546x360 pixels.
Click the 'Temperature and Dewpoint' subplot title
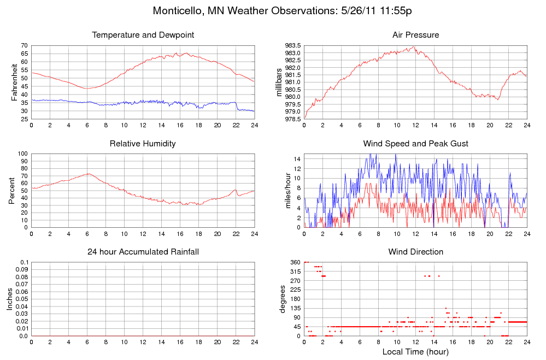143,35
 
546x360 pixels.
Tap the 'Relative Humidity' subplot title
143,144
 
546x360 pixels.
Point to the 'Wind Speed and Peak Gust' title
415,144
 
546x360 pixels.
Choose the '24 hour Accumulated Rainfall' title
143,252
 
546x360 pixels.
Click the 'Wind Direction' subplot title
415,252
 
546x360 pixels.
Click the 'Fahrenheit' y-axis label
15,82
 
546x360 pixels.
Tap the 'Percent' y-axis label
12,191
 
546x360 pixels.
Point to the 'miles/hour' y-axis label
289,191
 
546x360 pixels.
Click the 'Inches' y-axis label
9,299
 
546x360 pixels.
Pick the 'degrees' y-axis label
283,299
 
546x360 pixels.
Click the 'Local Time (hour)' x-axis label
415,352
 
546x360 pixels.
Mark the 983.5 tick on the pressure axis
293,45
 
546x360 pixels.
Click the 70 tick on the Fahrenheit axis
25,45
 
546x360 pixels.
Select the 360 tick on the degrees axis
295,263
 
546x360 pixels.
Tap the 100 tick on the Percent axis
22,154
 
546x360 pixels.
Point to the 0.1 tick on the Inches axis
24,263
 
